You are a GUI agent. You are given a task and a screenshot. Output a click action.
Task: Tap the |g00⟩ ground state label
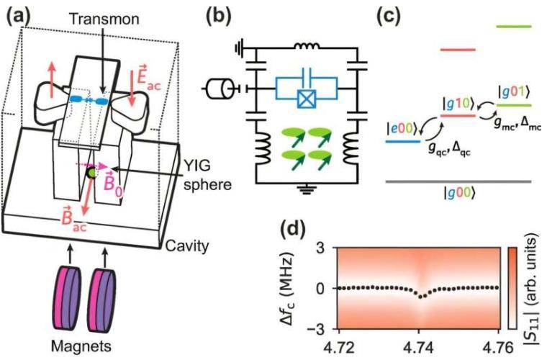click(458, 195)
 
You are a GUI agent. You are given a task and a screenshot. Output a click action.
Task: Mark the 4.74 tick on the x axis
click(416, 348)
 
